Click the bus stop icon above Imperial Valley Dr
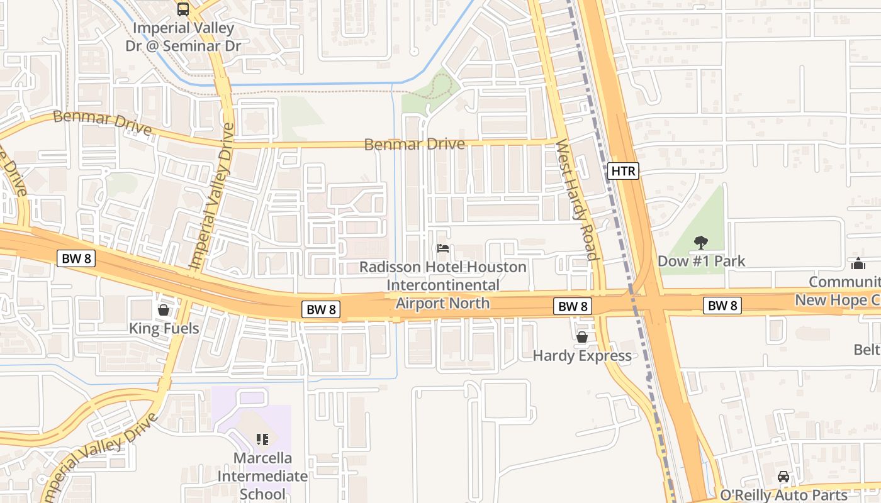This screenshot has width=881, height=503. (x=183, y=9)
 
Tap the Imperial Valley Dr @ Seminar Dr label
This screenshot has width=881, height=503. (x=183, y=37)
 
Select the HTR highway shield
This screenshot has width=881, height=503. (x=623, y=170)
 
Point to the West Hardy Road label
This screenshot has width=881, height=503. (x=575, y=200)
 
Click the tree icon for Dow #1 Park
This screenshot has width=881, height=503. (x=700, y=243)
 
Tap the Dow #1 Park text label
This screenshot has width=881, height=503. (x=701, y=261)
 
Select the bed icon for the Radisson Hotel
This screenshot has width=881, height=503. (x=443, y=249)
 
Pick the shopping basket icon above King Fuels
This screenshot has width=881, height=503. (x=164, y=310)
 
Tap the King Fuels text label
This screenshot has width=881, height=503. (x=164, y=328)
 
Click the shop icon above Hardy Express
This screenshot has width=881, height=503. (x=582, y=338)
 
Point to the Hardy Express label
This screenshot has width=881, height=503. (x=582, y=356)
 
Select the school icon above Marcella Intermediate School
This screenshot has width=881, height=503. (x=262, y=439)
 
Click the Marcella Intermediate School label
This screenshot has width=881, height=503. (x=262, y=476)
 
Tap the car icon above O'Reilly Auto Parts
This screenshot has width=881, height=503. (x=783, y=477)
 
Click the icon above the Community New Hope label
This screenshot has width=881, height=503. (x=858, y=263)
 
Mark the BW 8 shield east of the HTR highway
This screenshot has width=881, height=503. (x=722, y=306)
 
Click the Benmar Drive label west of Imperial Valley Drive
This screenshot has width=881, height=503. (x=102, y=123)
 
